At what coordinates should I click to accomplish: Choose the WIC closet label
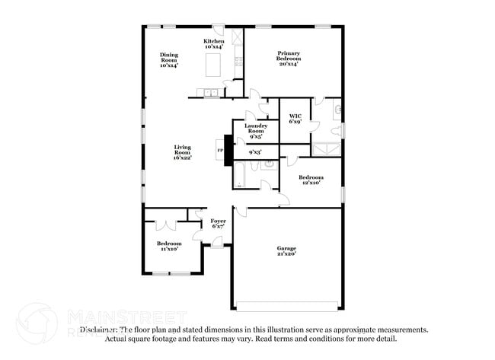point(295,118)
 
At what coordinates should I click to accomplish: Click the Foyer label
point(218,223)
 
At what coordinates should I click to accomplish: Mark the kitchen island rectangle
point(214,66)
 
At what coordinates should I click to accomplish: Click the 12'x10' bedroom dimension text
point(310,183)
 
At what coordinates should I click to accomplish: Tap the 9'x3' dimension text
point(256,152)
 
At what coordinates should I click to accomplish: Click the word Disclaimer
point(99,330)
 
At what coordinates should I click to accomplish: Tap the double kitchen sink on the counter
point(209,94)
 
